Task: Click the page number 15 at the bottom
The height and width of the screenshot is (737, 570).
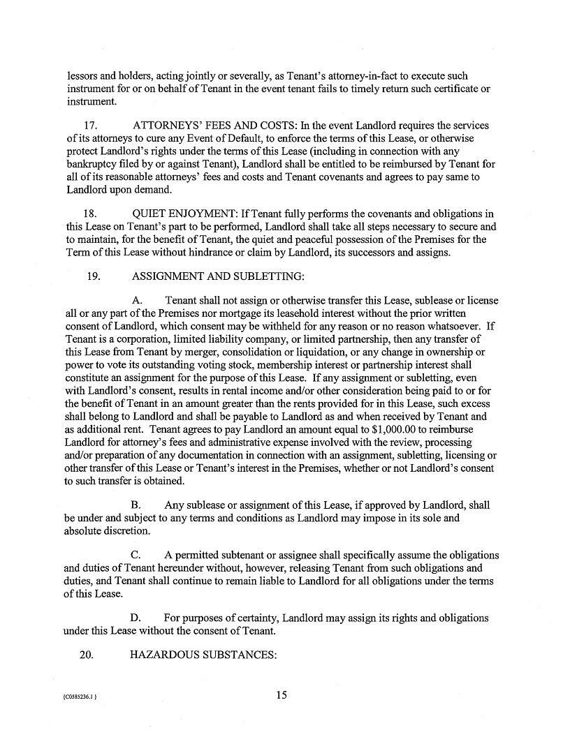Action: [282, 694]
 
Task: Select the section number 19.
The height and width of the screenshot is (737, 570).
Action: [94, 276]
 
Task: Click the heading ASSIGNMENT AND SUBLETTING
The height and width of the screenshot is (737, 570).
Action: [217, 276]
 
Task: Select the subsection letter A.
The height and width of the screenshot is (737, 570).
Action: [136, 301]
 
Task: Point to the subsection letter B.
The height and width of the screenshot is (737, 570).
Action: [136, 505]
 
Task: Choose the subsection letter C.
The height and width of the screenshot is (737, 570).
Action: [136, 556]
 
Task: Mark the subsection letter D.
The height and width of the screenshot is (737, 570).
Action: [136, 618]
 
